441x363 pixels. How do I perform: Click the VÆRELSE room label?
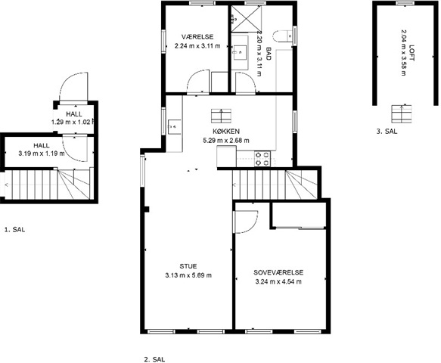(197, 37)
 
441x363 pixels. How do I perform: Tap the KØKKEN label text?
(226, 132)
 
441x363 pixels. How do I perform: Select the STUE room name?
(188, 266)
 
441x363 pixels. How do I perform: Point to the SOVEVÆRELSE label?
(278, 272)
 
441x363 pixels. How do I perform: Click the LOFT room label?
(412, 53)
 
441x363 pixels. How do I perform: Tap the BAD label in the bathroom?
(268, 54)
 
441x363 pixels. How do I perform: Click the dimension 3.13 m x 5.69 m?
(188, 275)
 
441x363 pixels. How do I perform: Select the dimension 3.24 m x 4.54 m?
(278, 282)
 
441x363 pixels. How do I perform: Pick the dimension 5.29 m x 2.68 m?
(226, 141)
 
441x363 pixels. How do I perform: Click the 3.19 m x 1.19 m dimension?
(42, 154)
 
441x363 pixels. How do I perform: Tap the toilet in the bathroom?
(283, 36)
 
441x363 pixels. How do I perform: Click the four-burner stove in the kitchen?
(262, 159)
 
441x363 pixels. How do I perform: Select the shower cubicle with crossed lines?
(246, 19)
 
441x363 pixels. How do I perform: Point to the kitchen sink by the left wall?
(175, 127)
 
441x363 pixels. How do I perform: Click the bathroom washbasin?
(239, 52)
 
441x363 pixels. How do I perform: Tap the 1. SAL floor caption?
(14, 230)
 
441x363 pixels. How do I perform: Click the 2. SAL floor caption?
(154, 359)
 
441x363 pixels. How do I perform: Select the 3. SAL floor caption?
(387, 132)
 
